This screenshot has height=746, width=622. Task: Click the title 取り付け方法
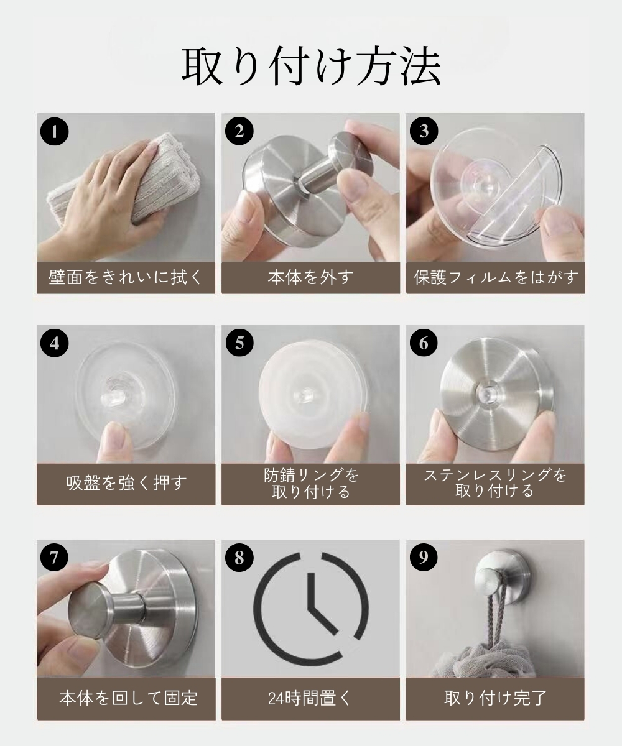tap(311, 66)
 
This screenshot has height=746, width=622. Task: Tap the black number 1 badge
tap(54, 131)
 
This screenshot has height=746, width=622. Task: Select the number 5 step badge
tap(239, 343)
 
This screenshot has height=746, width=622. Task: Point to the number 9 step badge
tap(424, 557)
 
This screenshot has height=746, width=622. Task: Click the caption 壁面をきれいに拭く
tap(126, 277)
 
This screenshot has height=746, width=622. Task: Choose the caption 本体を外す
tap(310, 277)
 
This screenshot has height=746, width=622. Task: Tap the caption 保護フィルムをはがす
tap(496, 277)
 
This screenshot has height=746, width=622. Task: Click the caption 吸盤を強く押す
tap(126, 482)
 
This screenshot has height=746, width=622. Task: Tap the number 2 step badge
tap(239, 131)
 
